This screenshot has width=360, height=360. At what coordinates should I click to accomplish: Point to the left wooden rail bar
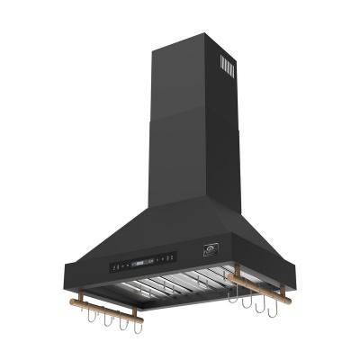point(112,312)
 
